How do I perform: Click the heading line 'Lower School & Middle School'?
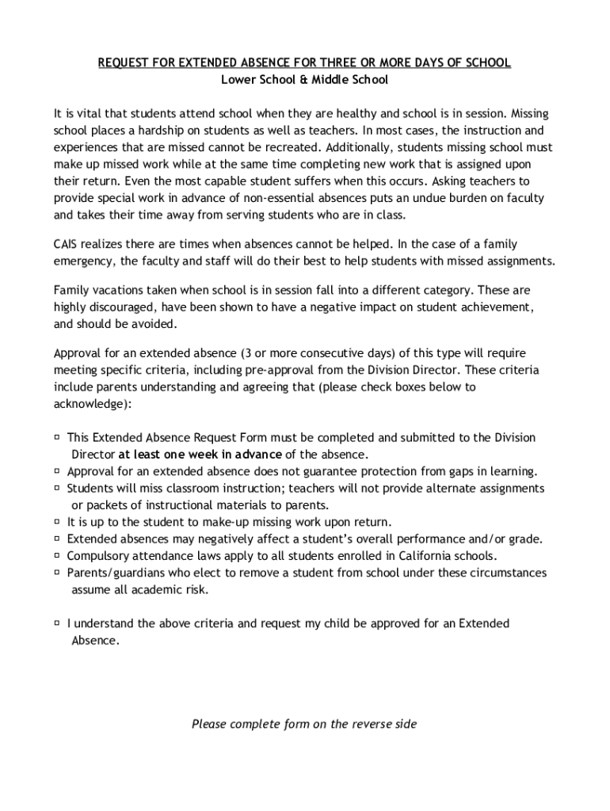(x=304, y=80)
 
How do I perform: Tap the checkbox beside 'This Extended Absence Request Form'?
(x=58, y=437)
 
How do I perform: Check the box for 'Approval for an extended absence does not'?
(x=58, y=470)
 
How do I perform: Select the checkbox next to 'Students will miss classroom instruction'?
(x=58, y=488)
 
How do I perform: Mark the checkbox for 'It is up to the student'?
(x=58, y=522)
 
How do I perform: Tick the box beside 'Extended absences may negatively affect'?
(x=58, y=539)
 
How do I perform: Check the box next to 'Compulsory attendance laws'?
(x=58, y=555)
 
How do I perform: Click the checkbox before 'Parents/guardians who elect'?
(x=58, y=572)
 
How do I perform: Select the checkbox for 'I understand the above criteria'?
(x=58, y=623)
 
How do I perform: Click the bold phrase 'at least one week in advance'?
(x=200, y=455)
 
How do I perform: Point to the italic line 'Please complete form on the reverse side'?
(x=304, y=724)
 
